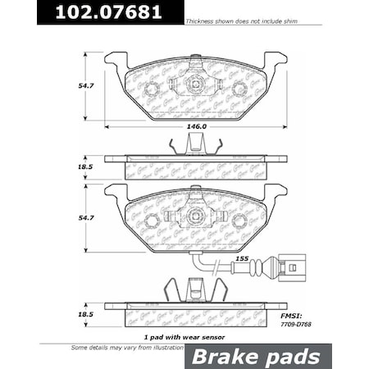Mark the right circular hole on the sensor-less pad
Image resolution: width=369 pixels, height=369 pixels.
click(x=239, y=89)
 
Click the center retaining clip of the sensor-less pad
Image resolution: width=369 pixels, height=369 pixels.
click(x=195, y=84)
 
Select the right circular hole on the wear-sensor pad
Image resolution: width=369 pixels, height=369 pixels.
click(x=239, y=221)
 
